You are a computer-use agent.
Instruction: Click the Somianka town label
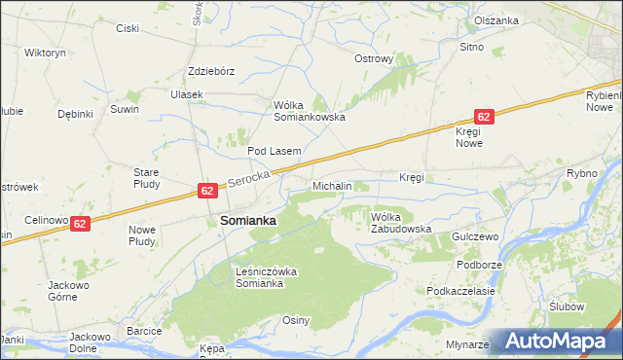tap(248, 221)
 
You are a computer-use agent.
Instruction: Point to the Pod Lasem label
tap(274, 151)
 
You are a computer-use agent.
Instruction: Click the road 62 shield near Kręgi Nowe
tap(485, 116)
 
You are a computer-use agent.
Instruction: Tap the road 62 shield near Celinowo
tap(81, 223)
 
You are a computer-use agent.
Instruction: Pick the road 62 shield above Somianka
tap(207, 191)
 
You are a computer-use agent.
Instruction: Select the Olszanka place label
tap(496, 20)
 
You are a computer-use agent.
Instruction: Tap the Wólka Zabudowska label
tap(400, 223)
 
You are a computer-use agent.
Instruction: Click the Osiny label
tap(296, 320)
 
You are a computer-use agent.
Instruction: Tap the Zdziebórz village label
tap(212, 71)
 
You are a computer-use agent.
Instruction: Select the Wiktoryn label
tap(45, 52)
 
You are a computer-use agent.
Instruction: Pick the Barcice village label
tap(143, 331)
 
